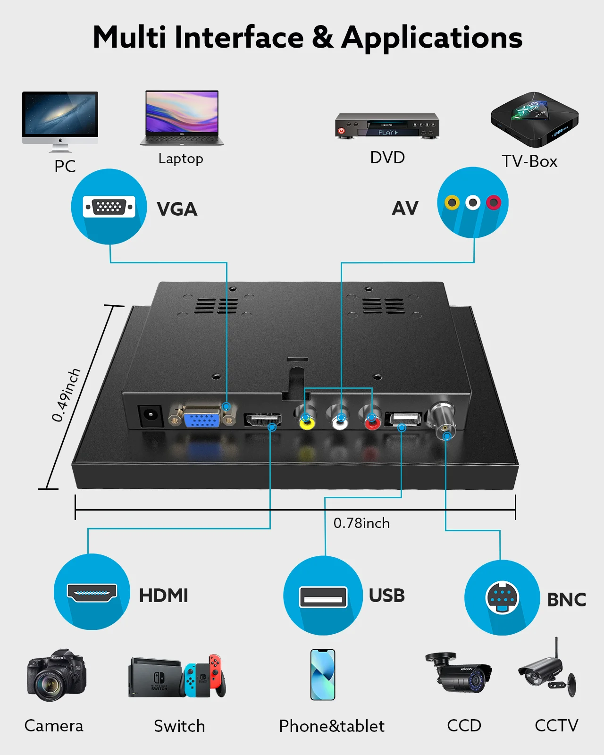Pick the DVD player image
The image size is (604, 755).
387,126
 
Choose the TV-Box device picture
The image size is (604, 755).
535,119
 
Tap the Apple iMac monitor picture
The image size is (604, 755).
60,121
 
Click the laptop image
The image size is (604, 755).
182,117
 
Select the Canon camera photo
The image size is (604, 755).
57,674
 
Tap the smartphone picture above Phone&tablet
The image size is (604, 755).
323,675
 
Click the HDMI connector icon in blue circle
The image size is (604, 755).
92,593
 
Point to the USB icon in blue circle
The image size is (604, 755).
323,597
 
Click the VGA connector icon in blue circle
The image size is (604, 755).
109,207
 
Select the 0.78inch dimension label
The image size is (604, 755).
361,523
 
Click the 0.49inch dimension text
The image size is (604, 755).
66,395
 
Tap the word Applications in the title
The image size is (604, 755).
432,38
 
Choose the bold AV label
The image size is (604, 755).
405,208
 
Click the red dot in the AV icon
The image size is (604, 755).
494,202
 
